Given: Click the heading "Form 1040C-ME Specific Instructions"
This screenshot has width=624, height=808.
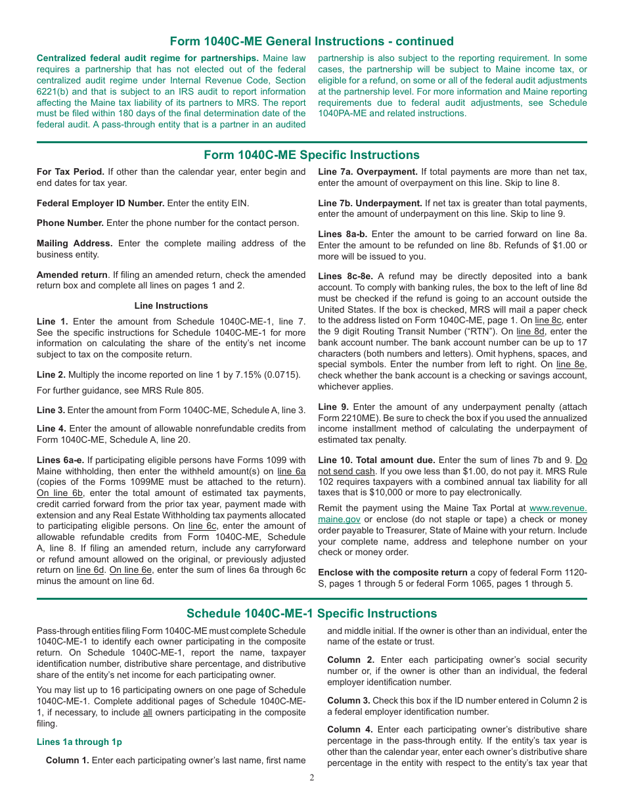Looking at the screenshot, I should point(311,155).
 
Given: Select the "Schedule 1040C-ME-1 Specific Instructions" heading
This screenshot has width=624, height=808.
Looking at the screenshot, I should point(311,614).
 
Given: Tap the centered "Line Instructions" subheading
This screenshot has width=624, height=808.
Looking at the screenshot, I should point(171,305).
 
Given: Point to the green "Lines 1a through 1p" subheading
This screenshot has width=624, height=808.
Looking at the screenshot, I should point(79,742).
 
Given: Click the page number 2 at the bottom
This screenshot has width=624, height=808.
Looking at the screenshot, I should point(312,778).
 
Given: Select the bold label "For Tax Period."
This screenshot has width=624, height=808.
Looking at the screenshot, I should point(70,172).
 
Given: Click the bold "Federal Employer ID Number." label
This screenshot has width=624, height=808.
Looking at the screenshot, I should point(100,204).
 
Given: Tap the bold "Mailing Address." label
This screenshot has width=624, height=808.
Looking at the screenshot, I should point(74,243).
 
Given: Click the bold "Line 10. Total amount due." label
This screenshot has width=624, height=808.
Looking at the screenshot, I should point(376,460).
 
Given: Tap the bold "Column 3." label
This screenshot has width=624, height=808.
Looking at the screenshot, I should point(348,700).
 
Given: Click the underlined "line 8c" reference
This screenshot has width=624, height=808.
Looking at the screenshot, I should point(548,321).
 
